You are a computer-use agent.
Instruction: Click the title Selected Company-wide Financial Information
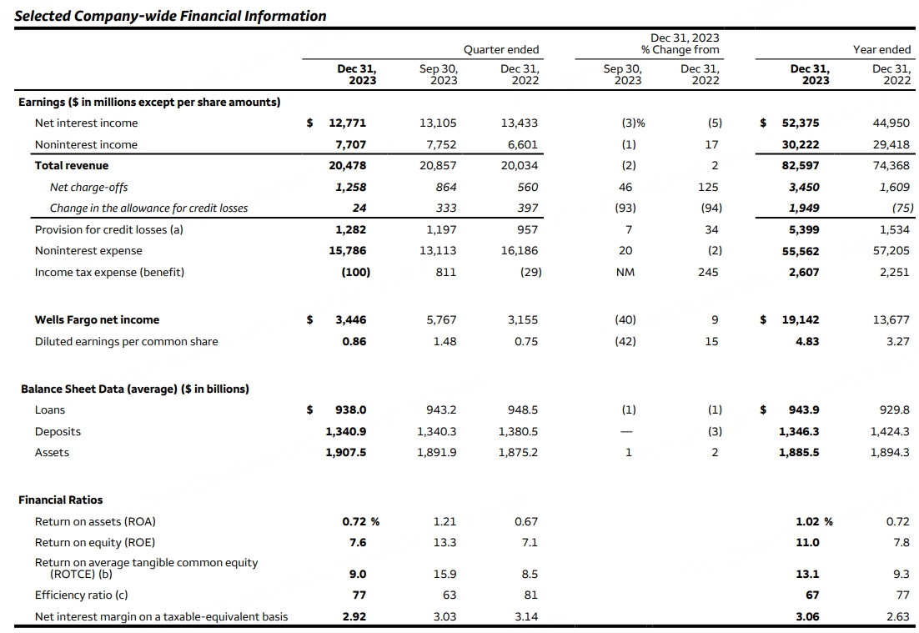tap(170, 16)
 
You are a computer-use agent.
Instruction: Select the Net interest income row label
tap(86, 123)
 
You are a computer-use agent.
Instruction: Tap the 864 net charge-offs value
tap(444, 187)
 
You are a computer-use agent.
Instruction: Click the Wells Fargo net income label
tap(97, 319)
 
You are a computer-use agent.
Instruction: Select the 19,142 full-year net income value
tap(801, 319)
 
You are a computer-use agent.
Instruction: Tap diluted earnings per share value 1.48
tap(444, 341)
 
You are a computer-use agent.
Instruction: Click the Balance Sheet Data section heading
tap(134, 389)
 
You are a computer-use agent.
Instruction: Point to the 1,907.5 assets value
tap(346, 452)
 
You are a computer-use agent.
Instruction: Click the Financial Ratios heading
tap(61, 500)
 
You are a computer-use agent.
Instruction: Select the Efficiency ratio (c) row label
tap(81, 595)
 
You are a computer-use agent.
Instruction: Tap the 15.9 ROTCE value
tap(445, 574)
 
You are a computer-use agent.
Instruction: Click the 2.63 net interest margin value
tap(897, 616)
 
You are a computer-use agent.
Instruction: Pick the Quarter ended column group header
tap(501, 49)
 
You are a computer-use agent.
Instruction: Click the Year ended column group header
tap(881, 49)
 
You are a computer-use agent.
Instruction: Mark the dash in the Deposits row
tap(628, 431)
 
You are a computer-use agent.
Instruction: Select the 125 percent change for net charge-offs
tap(708, 187)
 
